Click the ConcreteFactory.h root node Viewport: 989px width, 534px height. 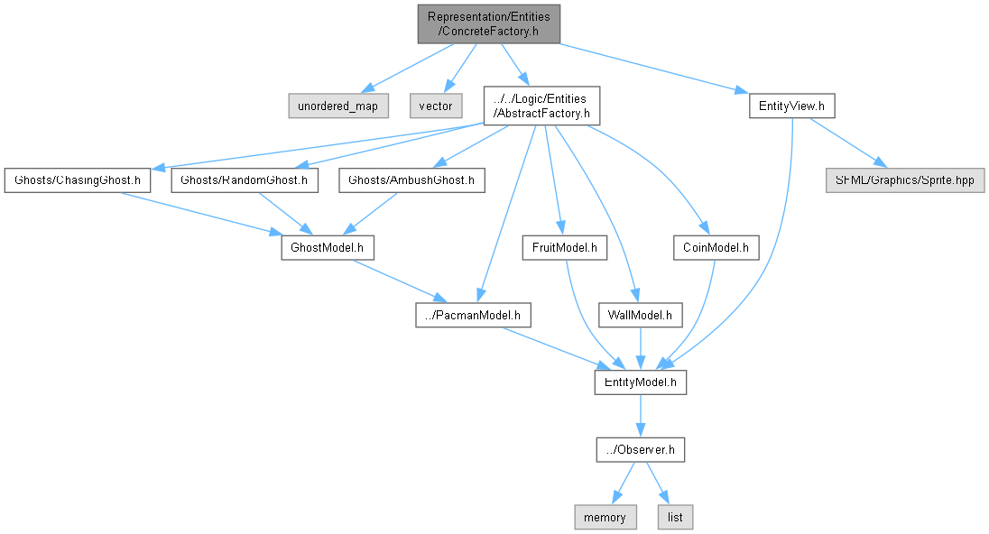coord(488,24)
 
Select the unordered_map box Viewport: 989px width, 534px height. coord(338,106)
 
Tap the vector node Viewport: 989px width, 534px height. coord(436,106)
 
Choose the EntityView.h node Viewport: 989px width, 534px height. coord(791,106)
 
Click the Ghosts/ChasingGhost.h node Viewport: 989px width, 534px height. coord(76,180)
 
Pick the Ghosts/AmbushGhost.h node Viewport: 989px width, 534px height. coord(411,180)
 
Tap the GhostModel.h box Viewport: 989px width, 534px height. coord(327,246)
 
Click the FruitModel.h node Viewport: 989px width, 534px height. coord(565,246)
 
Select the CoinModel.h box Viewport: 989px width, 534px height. coord(716,246)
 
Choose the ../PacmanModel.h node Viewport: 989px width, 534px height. coord(473,315)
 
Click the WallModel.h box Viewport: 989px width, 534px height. coord(641,315)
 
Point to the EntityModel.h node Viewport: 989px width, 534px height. coord(641,382)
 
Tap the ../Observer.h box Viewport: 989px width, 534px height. coord(641,449)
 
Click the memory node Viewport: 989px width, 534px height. coord(605,517)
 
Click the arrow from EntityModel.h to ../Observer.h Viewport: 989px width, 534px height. coord(641,416)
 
